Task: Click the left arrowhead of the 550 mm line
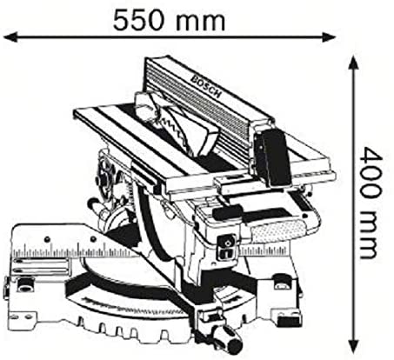coord(10,37)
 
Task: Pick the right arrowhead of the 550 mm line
coord(329,37)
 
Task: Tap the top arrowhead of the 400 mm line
coord(353,63)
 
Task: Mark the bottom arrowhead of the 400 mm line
coord(353,345)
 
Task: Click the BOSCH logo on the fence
coord(206,86)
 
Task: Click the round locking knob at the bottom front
coord(235,344)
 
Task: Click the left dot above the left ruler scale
coord(47,239)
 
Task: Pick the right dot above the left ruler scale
coord(93,239)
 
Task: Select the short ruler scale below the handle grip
coord(264,250)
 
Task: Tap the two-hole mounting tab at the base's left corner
coord(21,317)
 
